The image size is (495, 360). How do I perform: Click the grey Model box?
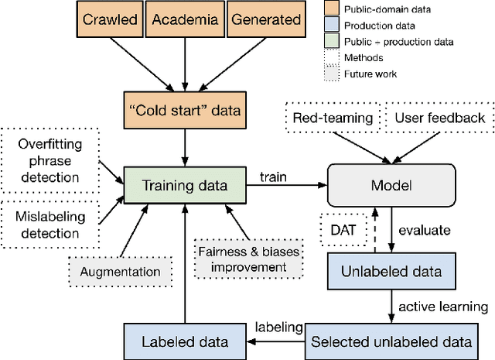point(391,186)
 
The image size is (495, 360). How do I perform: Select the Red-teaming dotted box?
point(332,118)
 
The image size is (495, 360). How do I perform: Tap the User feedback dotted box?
point(440,118)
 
